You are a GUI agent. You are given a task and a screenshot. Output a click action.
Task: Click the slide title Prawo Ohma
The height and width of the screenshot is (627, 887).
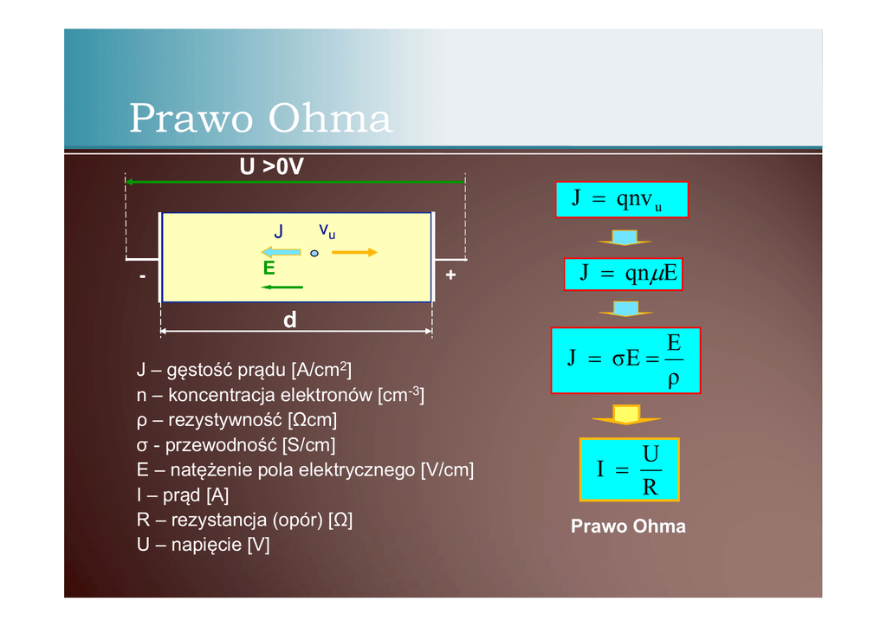[260, 119]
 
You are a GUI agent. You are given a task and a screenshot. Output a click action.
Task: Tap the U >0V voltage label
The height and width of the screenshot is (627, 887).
[271, 167]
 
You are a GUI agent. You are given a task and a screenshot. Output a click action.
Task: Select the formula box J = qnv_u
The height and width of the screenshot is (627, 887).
[621, 199]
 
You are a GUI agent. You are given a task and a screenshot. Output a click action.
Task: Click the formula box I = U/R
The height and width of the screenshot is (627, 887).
[629, 469]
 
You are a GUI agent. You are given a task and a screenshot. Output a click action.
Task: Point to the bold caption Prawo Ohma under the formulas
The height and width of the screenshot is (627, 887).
[628, 527]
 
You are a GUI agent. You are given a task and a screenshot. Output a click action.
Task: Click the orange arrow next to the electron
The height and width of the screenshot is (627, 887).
[355, 253]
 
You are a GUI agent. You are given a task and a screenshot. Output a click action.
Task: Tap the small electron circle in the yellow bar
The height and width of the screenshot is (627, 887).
[314, 253]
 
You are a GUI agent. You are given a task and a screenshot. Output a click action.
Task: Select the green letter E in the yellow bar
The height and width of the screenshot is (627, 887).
[269, 268]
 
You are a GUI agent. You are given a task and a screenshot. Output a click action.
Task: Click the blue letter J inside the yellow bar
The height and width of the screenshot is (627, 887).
[278, 232]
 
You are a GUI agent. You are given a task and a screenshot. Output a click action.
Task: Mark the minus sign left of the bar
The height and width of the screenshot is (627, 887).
[141, 275]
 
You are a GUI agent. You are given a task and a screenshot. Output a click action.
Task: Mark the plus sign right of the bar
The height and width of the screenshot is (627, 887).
[450, 275]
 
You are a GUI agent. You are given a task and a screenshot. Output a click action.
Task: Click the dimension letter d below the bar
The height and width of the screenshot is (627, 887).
[289, 320]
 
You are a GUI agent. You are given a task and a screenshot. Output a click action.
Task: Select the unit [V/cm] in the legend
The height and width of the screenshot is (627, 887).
[447, 471]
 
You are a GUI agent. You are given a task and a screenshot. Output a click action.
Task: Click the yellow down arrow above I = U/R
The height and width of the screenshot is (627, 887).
[626, 414]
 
